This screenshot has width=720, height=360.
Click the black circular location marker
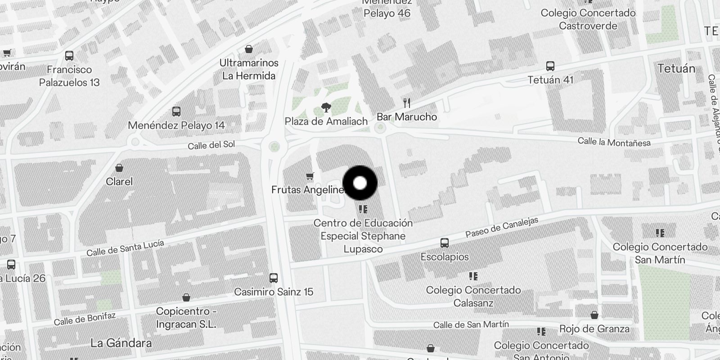(x=360, y=183)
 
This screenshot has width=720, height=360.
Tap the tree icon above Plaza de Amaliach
(x=326, y=108)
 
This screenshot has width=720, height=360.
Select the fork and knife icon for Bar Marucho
(x=407, y=103)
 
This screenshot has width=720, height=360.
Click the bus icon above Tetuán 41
(x=550, y=66)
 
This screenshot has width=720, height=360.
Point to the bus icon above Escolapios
(x=445, y=243)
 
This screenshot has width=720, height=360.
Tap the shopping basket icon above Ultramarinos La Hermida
(x=248, y=49)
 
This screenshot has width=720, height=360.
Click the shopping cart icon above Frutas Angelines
(x=309, y=176)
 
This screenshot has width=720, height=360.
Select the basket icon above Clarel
(x=119, y=168)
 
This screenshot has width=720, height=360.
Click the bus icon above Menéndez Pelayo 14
(x=176, y=112)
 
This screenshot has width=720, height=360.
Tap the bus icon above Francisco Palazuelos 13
(x=69, y=56)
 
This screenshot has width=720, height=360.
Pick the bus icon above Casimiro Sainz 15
(x=273, y=278)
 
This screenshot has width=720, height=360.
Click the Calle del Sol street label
(x=211, y=145)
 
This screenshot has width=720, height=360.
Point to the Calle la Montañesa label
(x=614, y=142)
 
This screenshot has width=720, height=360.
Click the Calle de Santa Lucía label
(x=125, y=248)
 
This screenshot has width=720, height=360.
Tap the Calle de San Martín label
(x=471, y=324)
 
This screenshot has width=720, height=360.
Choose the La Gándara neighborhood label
(x=121, y=343)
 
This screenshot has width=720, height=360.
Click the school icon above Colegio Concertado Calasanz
(x=473, y=276)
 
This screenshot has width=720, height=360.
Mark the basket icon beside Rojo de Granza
(x=594, y=315)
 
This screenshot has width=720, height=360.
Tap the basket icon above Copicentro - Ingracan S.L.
(x=186, y=297)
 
